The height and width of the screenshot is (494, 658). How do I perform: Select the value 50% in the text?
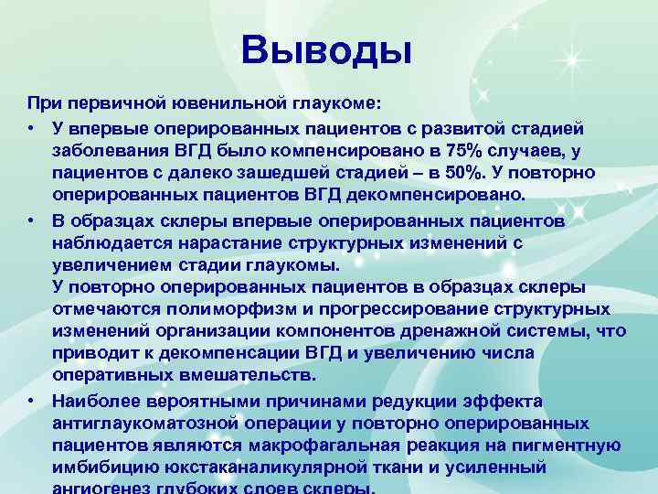tap(438, 173)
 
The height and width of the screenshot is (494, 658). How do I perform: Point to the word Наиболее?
tap(95, 402)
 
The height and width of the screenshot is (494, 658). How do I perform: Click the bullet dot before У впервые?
tap(32, 127)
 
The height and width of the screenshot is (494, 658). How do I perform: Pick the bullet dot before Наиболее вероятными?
tap(32, 402)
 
